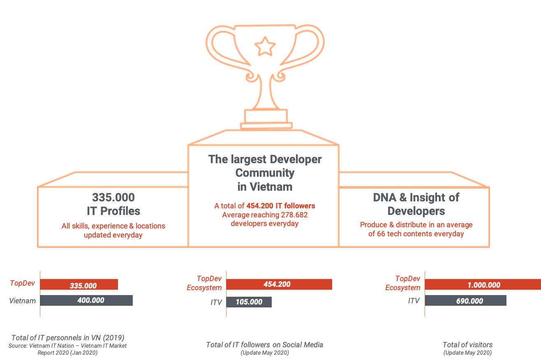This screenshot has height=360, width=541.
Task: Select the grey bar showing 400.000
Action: [86, 300]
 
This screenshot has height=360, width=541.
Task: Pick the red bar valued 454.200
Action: [279, 284]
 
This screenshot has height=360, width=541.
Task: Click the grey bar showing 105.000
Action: [249, 302]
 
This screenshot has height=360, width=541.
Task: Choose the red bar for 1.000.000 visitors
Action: [483, 284]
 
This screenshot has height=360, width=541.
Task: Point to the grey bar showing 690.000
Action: [465, 301]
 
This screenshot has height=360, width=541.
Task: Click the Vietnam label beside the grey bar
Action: [22, 300]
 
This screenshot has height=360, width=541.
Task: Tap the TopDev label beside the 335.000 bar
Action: [23, 283]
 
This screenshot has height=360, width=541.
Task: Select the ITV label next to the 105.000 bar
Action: [216, 302]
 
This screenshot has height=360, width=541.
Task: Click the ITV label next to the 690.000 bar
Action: [414, 301]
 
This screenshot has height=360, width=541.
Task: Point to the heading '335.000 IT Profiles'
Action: [113, 204]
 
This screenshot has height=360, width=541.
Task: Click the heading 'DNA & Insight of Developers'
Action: [416, 204]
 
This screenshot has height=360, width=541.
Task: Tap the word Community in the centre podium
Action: [265, 173]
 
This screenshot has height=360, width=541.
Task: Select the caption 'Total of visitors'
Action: [467, 345]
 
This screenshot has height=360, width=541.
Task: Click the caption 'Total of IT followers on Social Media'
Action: [264, 345]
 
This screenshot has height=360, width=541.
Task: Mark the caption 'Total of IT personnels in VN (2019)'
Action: [67, 337]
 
